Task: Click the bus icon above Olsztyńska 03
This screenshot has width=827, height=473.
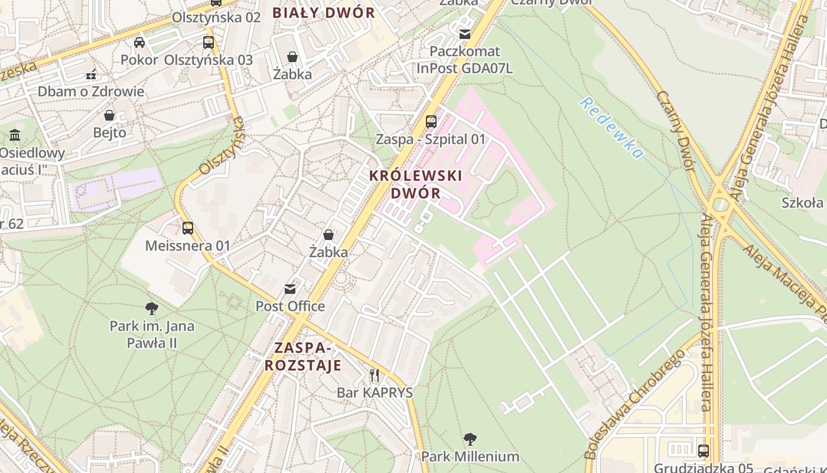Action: (208, 43)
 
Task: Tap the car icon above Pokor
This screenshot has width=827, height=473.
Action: (139, 43)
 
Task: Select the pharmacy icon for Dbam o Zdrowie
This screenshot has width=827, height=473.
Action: (90, 74)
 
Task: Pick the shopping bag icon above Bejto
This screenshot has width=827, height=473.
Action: (109, 115)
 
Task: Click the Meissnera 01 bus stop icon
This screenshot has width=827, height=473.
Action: (188, 228)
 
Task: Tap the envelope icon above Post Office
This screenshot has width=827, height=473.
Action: (290, 289)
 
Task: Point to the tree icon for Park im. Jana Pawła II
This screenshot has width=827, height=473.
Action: (152, 308)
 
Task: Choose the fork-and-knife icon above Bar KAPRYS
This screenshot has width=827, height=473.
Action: (374, 375)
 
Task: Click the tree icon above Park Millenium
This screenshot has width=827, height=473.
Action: (470, 439)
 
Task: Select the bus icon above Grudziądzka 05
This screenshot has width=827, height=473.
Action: (704, 451)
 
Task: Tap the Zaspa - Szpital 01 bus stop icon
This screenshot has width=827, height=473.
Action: (431, 122)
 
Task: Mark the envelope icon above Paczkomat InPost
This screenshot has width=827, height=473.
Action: (465, 34)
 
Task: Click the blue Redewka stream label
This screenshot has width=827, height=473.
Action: (611, 128)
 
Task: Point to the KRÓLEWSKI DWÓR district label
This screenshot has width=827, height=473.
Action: (415, 184)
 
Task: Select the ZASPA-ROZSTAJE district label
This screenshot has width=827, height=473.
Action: (302, 356)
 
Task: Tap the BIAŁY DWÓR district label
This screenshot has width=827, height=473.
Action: (324, 13)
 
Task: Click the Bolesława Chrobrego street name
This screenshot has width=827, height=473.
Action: (635, 404)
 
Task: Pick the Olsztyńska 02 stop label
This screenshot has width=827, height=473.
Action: (216, 17)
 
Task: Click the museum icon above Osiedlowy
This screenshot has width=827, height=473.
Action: (15, 135)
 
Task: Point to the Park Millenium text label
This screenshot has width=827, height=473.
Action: (470, 456)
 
